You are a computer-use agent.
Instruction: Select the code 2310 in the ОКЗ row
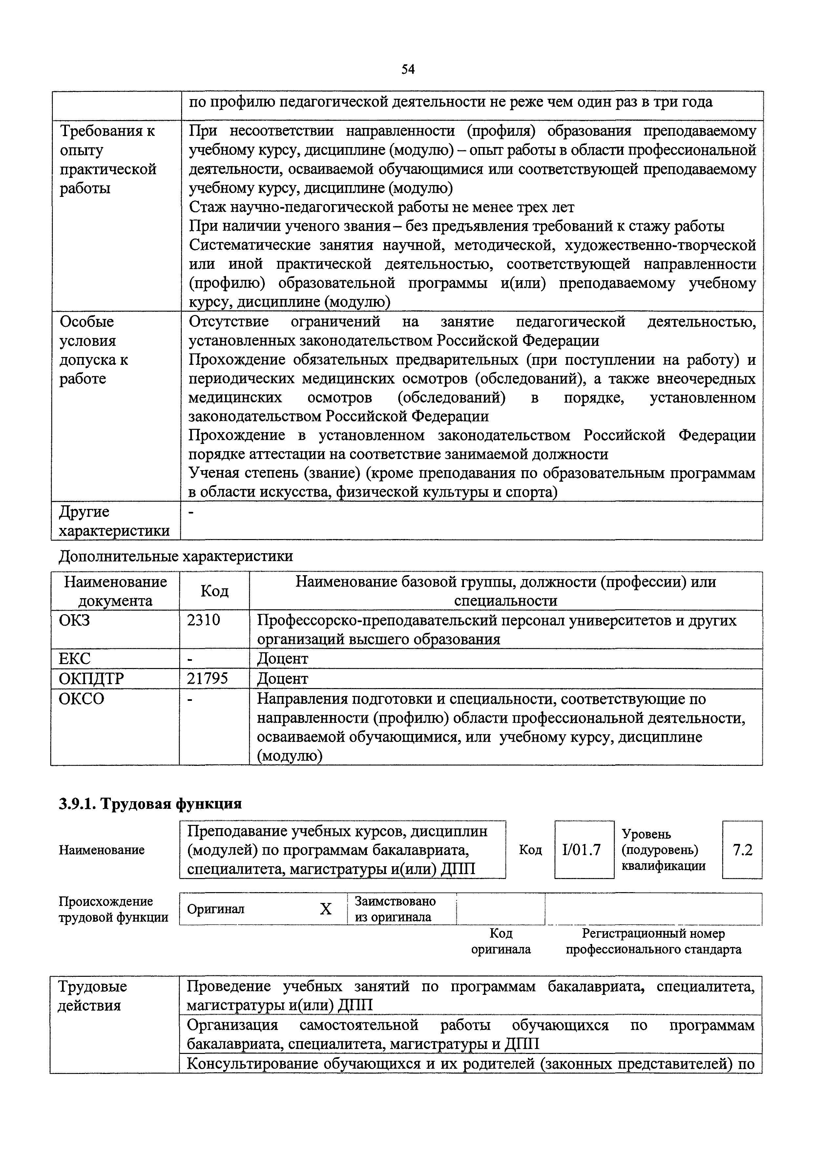point(203,620)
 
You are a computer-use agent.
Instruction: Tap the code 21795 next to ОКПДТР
point(207,679)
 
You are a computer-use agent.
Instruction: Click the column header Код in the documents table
point(215,591)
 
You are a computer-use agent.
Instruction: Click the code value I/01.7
point(583,850)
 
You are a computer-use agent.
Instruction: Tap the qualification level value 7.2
point(742,850)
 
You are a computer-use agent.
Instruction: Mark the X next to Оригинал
point(326,909)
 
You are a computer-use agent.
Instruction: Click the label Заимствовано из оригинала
point(395,909)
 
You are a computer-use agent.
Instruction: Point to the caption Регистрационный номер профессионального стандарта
point(653,942)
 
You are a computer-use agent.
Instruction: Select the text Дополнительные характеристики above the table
point(176,556)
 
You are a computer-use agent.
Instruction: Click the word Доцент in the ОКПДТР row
point(282,679)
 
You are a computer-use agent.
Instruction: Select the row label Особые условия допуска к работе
point(94,350)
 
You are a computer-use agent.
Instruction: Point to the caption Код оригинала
point(501,942)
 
